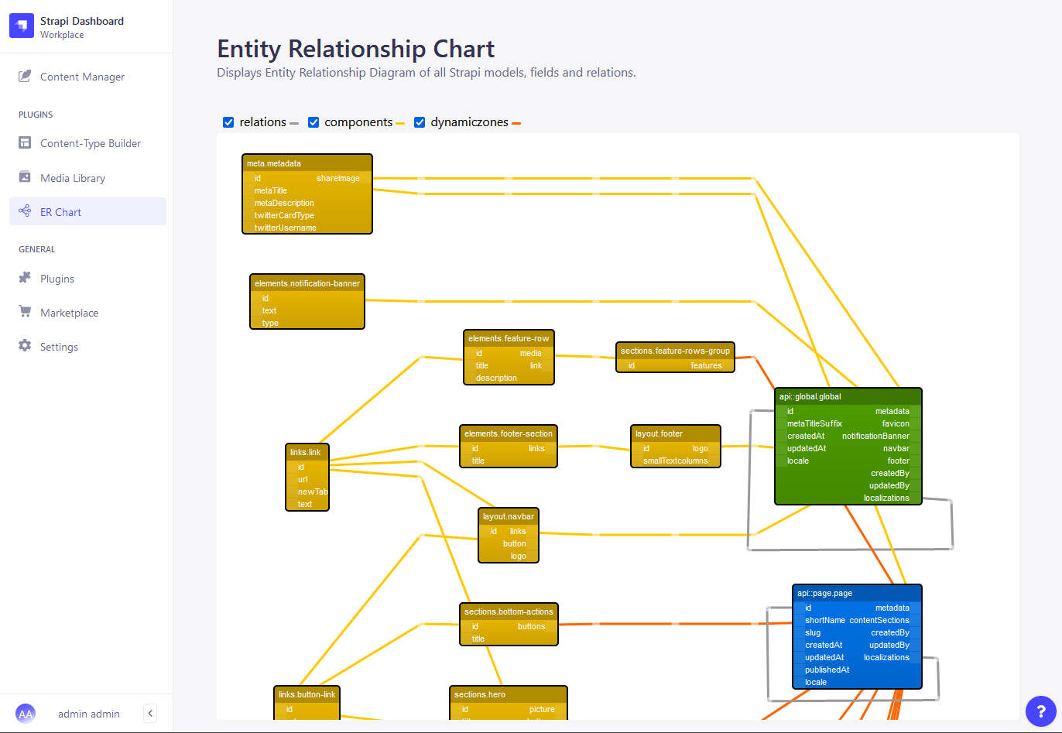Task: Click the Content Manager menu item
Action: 82,77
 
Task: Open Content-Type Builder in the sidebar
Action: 90,143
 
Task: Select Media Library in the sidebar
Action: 72,178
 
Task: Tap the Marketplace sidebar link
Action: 69,313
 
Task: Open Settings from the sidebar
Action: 59,347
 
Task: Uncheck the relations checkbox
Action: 228,122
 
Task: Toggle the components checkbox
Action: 313,122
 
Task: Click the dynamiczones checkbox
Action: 420,122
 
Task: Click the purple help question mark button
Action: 1040,711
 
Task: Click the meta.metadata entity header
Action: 307,163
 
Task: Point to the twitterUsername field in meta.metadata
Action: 285,228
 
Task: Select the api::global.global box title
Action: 848,396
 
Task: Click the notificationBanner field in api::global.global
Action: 875,436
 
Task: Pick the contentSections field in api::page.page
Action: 879,620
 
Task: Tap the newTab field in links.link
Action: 312,492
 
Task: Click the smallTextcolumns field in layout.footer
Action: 675,461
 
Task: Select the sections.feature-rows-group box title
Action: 675,351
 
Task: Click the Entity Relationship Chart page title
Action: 355,49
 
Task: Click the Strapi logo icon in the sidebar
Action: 22,26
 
